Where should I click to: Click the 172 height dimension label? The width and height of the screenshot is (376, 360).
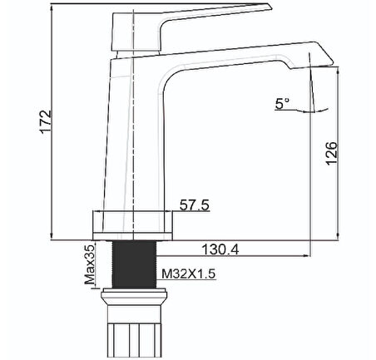click(46, 122)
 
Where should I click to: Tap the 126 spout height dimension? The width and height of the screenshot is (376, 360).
click(332, 154)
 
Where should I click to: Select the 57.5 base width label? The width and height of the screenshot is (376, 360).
click(195, 205)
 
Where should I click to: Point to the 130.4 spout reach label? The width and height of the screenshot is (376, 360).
click(220, 249)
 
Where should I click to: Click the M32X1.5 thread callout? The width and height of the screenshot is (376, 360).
click(189, 274)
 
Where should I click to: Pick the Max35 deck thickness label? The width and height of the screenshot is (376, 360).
click(90, 265)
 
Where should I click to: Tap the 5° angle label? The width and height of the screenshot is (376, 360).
click(282, 104)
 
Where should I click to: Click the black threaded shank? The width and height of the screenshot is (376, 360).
click(135, 264)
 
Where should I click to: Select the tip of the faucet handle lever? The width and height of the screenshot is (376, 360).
click(270, 7)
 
